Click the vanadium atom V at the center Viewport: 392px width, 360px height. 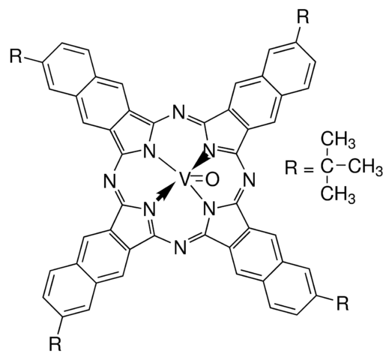click(x=184, y=179)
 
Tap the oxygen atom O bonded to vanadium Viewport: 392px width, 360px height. click(x=213, y=179)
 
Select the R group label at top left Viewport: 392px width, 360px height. click(x=16, y=56)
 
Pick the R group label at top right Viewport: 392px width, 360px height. click(x=303, y=17)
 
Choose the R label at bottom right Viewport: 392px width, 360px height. click(x=343, y=303)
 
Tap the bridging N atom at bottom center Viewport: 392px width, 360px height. click(x=180, y=247)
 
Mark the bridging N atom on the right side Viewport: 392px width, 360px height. click(x=250, y=179)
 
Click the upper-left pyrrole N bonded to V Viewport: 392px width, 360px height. click(x=149, y=151)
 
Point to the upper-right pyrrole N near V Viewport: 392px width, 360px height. click(x=210, y=151)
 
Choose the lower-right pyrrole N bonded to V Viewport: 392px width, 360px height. click(x=210, y=208)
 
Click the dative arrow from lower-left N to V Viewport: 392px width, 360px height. click(x=165, y=192)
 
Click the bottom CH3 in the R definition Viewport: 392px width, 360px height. click(x=338, y=194)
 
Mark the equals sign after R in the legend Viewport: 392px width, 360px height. click(x=309, y=168)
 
